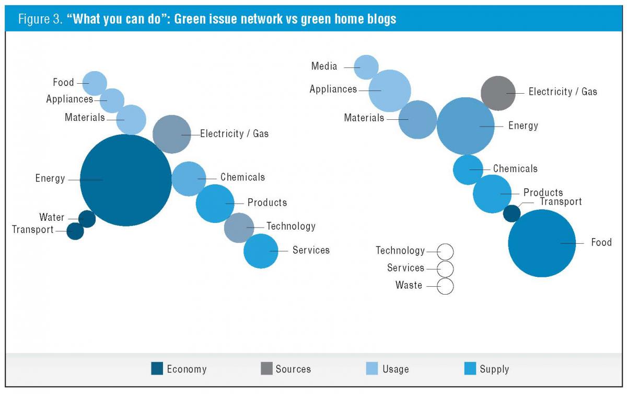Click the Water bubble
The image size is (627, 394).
(x=87, y=219)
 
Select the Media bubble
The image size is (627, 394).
(x=366, y=67)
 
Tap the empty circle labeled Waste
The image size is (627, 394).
(x=445, y=286)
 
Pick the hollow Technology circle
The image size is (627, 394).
(x=445, y=252)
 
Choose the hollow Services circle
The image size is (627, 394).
(x=445, y=269)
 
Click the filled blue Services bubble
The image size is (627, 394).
(x=261, y=251)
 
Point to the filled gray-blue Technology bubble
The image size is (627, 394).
(x=239, y=228)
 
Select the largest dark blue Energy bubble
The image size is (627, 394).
(x=125, y=180)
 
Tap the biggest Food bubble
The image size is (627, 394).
(x=542, y=243)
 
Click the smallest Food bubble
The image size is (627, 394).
(x=95, y=83)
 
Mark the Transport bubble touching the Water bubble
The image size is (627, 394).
(x=75, y=231)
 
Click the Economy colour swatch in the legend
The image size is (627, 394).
(x=157, y=369)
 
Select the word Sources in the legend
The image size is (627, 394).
(x=293, y=369)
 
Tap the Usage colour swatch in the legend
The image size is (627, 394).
(x=372, y=369)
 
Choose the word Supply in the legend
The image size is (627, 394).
(x=494, y=369)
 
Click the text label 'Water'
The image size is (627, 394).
(x=52, y=218)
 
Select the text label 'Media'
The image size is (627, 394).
(x=324, y=66)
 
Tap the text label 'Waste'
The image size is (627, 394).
(x=409, y=286)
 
